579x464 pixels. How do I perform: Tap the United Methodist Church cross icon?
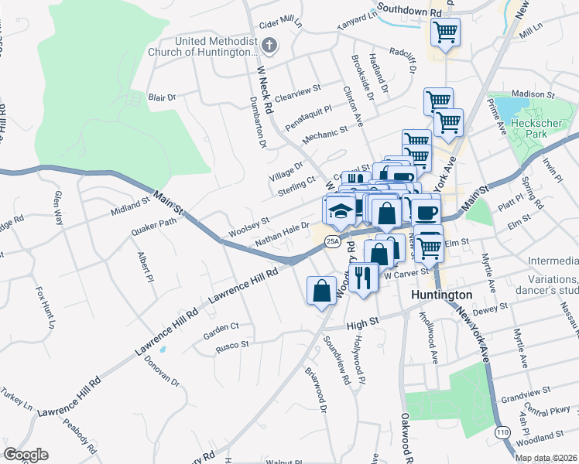[269, 46]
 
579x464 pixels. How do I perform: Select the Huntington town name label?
[443, 295]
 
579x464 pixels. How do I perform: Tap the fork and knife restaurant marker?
[362, 276]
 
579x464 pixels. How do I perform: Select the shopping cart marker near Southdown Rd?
[445, 32]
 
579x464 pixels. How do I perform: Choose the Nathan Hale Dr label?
[283, 235]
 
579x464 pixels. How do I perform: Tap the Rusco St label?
[232, 344]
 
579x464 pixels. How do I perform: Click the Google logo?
[26, 455]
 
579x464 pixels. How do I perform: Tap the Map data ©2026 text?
[546, 458]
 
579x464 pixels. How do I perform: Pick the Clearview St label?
[297, 94]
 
